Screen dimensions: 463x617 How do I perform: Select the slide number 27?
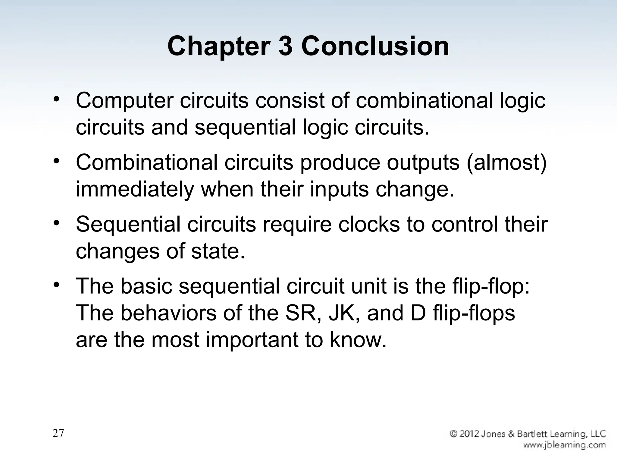pyautogui.click(x=58, y=433)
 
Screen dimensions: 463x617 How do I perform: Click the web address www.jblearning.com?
pyautogui.click(x=564, y=445)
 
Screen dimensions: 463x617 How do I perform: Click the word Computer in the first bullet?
pyautogui.click(x=124, y=101)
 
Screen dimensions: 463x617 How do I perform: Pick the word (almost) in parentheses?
pyautogui.click(x=506, y=163)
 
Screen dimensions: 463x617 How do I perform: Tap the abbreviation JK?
pyautogui.click(x=344, y=313)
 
